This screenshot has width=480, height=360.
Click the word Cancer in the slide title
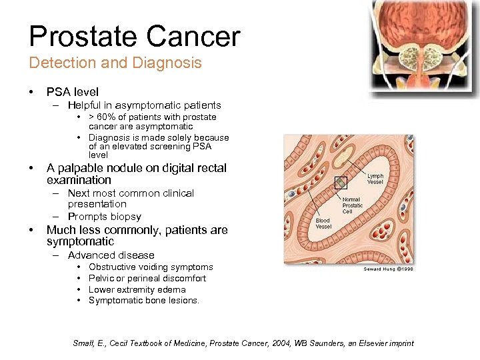(197, 37)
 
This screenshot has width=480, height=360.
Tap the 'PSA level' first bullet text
(72, 92)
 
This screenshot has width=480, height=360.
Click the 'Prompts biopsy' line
(105, 217)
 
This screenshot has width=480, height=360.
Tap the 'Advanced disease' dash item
(111, 255)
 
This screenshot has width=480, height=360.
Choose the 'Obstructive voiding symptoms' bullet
(151, 267)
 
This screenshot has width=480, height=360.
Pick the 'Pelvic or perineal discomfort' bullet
(147, 278)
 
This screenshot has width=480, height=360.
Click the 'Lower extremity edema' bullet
(137, 289)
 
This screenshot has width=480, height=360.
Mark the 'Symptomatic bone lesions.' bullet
(144, 301)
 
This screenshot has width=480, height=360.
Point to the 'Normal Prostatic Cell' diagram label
(353, 205)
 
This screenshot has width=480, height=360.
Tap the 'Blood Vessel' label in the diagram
(323, 223)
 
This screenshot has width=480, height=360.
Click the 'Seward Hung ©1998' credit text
(389, 269)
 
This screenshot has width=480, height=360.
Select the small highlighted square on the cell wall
(341, 182)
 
